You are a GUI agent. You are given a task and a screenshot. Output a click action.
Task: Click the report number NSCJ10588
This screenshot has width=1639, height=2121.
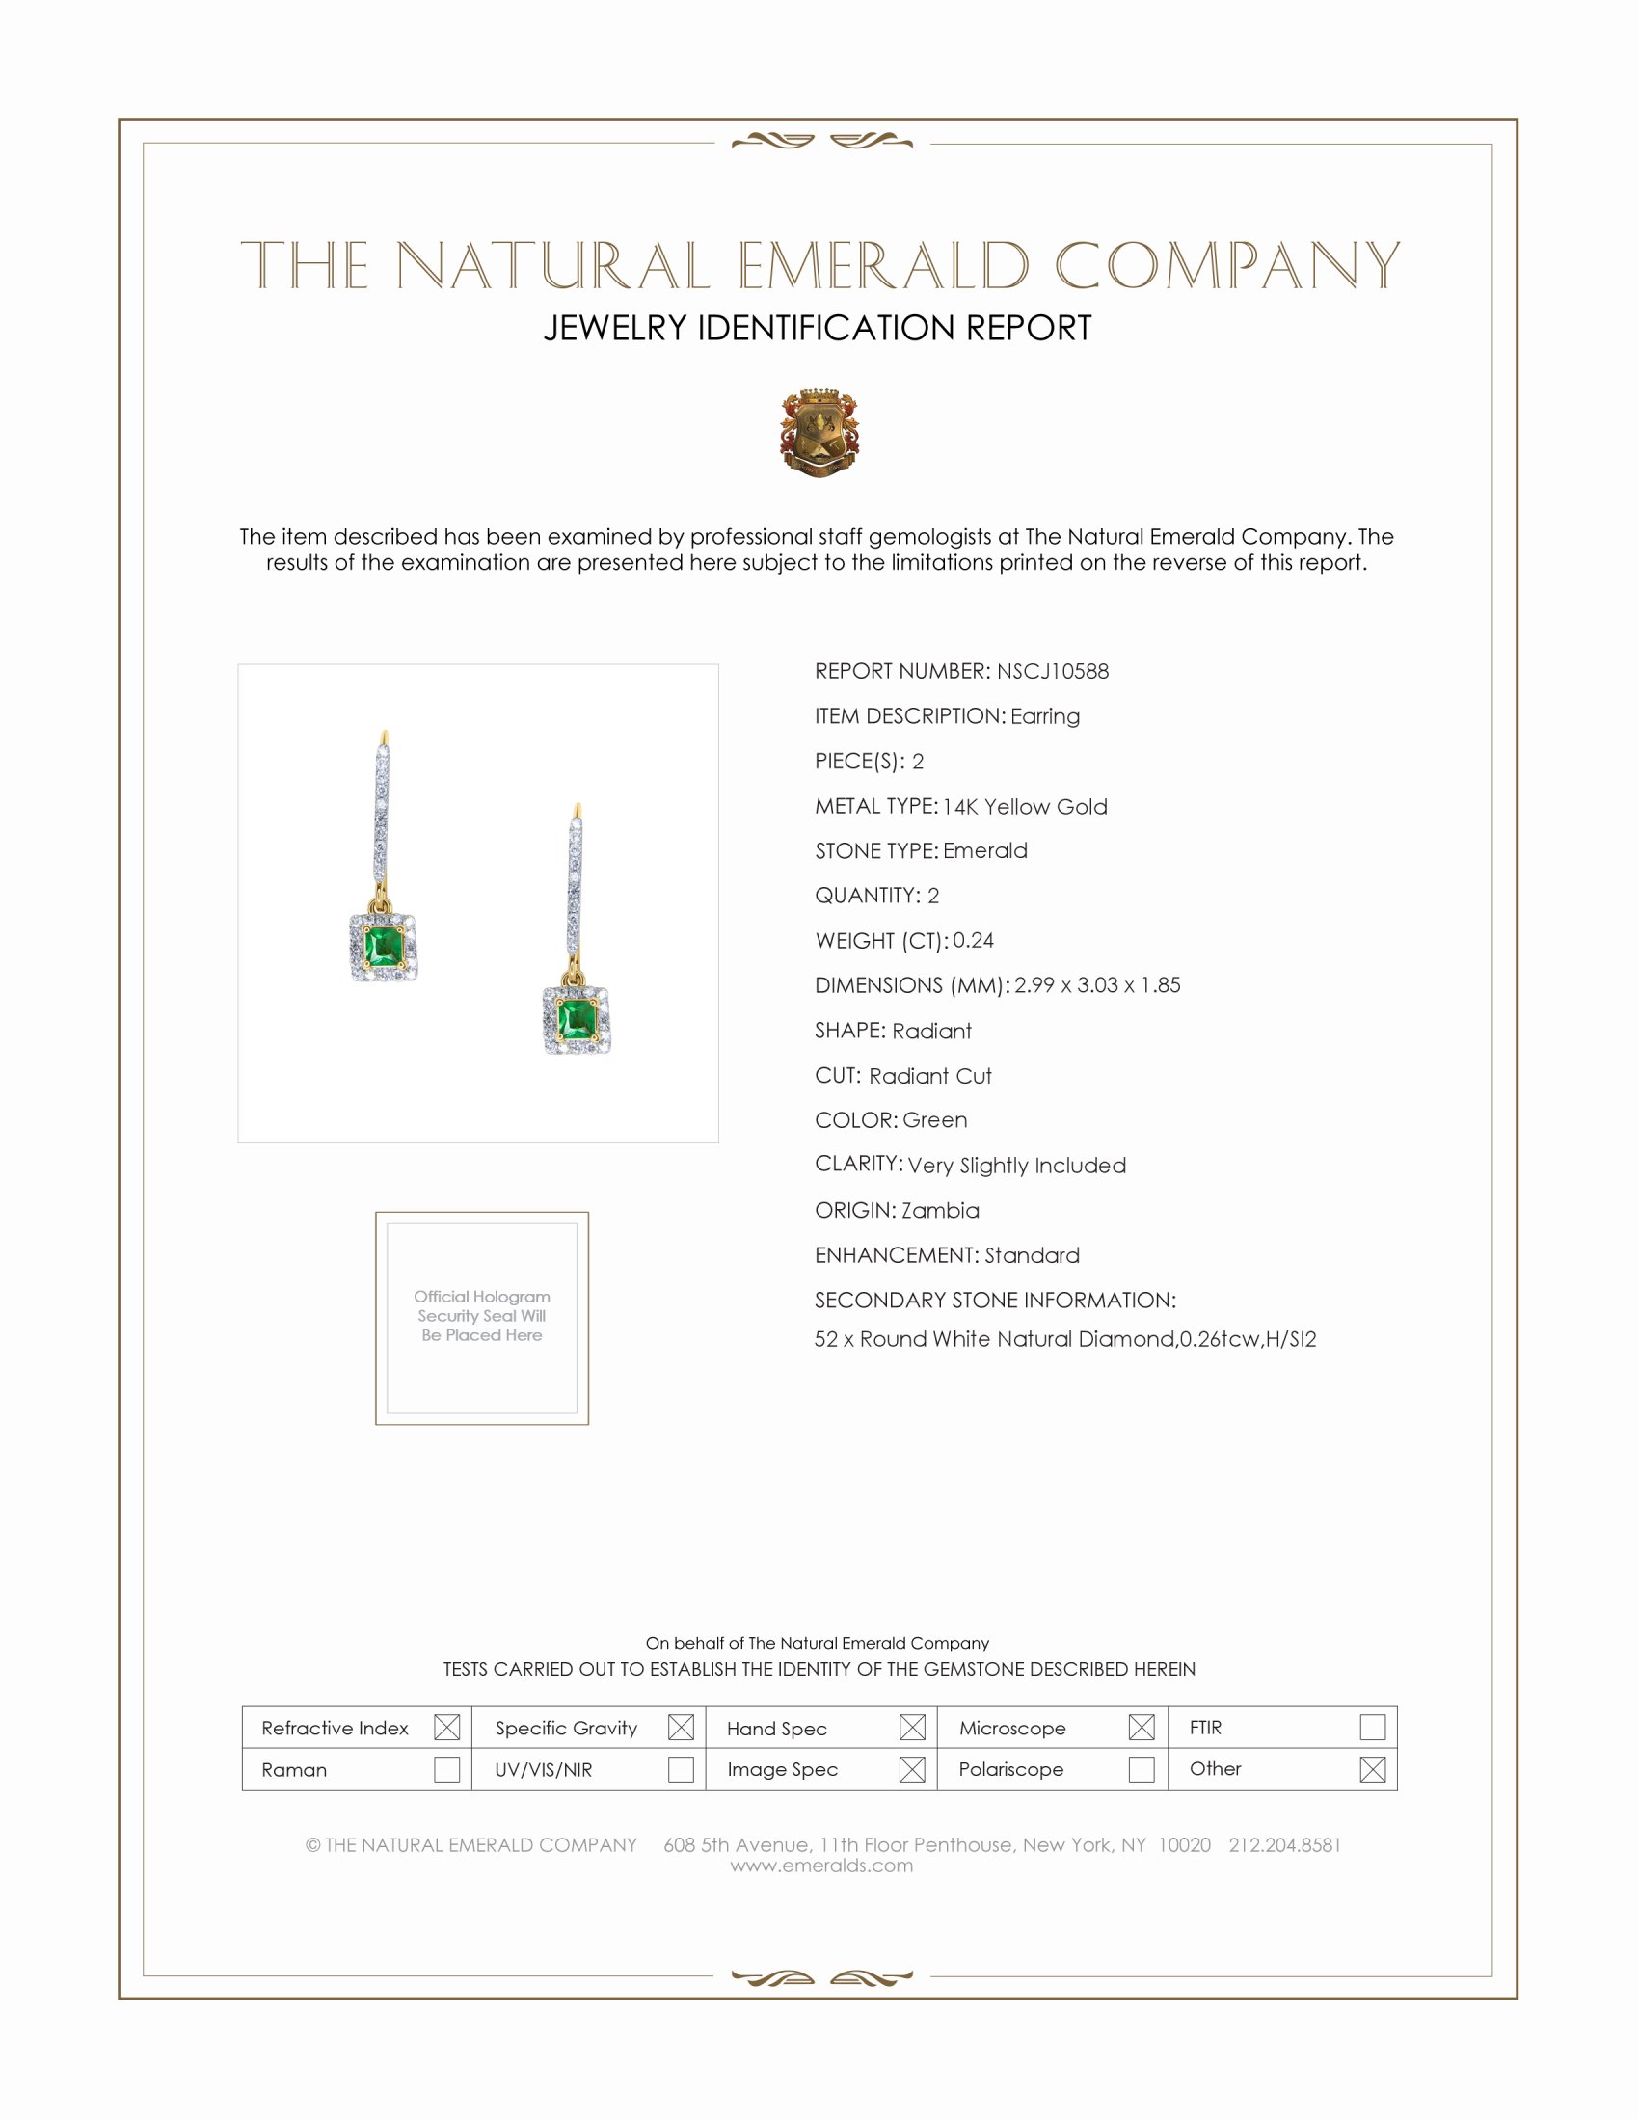pyautogui.click(x=1053, y=671)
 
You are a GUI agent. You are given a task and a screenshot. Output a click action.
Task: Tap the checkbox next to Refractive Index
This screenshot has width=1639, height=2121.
pyautogui.click(x=446, y=1728)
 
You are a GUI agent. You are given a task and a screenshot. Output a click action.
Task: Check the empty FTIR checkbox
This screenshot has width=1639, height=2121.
pyautogui.click(x=1372, y=1728)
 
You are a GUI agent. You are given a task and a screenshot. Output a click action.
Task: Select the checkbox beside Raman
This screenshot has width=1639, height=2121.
pyautogui.click(x=446, y=1769)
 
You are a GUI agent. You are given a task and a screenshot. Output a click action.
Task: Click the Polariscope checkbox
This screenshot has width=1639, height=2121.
pyautogui.click(x=1142, y=1769)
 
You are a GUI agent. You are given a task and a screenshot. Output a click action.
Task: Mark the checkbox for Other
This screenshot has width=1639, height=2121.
pyautogui.click(x=1372, y=1769)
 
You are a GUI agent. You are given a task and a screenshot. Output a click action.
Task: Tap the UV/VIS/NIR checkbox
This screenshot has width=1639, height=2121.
pyautogui.click(x=681, y=1769)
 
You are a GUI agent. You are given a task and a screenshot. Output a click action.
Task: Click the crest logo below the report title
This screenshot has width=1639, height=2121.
pyautogui.click(x=819, y=432)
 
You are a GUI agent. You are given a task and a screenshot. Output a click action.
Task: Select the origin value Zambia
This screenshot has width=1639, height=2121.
pyautogui.click(x=940, y=1210)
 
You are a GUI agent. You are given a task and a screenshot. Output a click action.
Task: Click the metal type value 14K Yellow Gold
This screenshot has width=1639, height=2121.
pyautogui.click(x=1024, y=806)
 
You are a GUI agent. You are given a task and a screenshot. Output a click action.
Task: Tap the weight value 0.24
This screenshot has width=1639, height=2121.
pyautogui.click(x=973, y=940)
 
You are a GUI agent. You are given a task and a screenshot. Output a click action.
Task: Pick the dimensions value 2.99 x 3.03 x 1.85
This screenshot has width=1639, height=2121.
pyautogui.click(x=1097, y=984)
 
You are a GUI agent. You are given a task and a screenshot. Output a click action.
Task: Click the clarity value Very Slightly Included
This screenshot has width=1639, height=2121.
pyautogui.click(x=1016, y=1166)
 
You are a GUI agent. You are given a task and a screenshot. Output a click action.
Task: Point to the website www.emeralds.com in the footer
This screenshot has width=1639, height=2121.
pyautogui.click(x=821, y=1866)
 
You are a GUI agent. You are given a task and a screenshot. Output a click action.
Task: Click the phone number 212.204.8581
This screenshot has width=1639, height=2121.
pyautogui.click(x=1284, y=1845)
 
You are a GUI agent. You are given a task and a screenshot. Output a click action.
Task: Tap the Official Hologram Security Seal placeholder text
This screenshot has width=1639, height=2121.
pyautogui.click(x=482, y=1316)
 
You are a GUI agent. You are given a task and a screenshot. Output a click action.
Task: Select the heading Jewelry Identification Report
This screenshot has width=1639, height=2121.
pyautogui.click(x=818, y=328)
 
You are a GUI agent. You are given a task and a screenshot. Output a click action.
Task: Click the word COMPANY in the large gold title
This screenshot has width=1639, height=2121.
pyautogui.click(x=1226, y=265)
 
